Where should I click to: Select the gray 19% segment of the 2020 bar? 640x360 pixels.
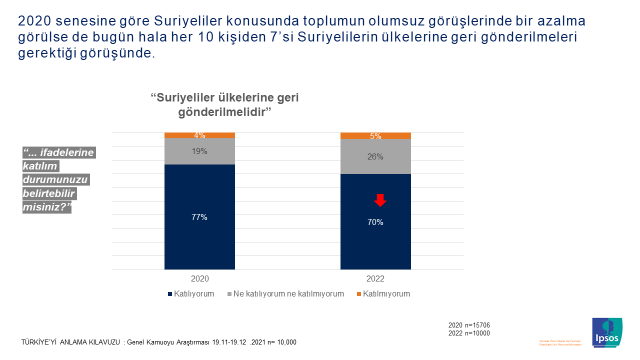pos(200,151)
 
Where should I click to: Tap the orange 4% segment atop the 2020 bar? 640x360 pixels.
pos(200,134)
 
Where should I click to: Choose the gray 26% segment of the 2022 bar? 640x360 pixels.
pos(376,156)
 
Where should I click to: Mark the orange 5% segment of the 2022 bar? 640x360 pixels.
pos(376,135)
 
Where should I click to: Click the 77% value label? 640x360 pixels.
pos(200,216)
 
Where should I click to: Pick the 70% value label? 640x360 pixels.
pos(376,222)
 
